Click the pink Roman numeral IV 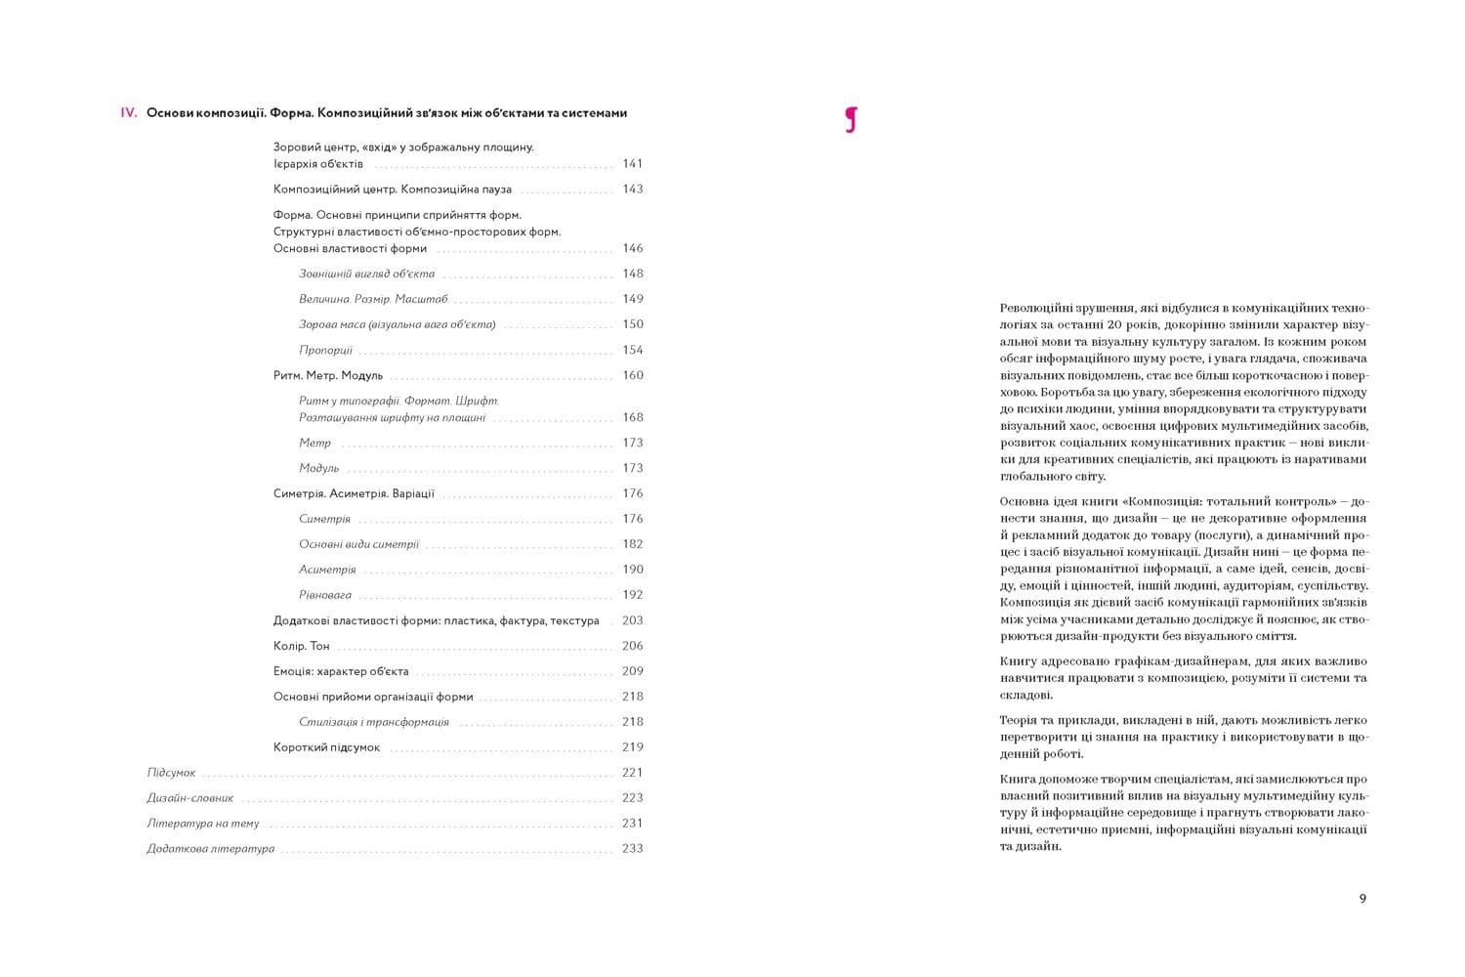click(128, 113)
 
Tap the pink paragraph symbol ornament click(851, 119)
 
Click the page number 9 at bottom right click(1362, 899)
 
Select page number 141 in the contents click(632, 164)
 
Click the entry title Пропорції click(325, 351)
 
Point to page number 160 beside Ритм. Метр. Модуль click(632, 375)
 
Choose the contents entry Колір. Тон click(302, 646)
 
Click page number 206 click(632, 646)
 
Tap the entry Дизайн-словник click(190, 798)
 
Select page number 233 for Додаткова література click(632, 849)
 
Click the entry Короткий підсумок click(326, 747)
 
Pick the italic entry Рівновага click(325, 595)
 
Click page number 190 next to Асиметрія click(632, 570)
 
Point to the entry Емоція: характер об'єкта click(341, 671)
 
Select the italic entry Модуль click(318, 469)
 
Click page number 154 click(632, 350)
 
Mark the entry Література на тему click(203, 824)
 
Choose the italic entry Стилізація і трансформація click(374, 722)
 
